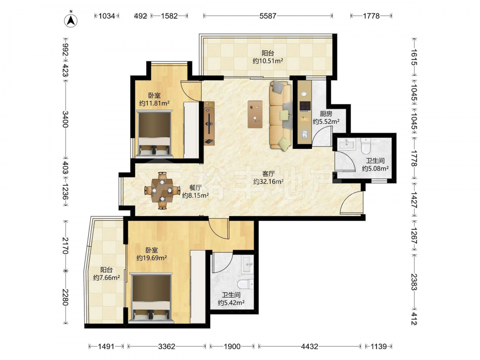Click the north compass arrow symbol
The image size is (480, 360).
pyautogui.click(x=71, y=20)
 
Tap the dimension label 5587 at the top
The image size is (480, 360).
pyautogui.click(x=268, y=16)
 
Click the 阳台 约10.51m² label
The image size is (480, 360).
pyautogui.click(x=268, y=57)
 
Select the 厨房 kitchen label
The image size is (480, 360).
pyautogui.click(x=326, y=114)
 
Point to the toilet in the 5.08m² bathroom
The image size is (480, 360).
pyautogui.click(x=366, y=146)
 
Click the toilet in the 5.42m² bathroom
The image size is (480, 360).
pyautogui.click(x=246, y=284)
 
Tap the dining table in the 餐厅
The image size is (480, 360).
pyautogui.click(x=162, y=191)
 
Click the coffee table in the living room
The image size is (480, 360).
pyautogui.click(x=255, y=114)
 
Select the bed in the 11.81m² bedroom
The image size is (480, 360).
pyautogui.click(x=154, y=134)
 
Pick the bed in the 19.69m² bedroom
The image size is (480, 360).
pyautogui.click(x=151, y=298)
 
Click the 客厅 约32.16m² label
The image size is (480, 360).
pyautogui.click(x=268, y=178)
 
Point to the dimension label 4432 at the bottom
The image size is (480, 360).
pyautogui.click(x=310, y=347)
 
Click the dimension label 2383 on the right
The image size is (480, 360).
pyautogui.click(x=414, y=282)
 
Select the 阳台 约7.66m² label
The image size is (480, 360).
pyautogui.click(x=106, y=274)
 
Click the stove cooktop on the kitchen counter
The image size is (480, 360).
pyautogui.click(x=305, y=106)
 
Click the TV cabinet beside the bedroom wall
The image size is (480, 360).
pyautogui.click(x=210, y=124)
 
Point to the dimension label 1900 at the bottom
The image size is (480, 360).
pyautogui.click(x=232, y=347)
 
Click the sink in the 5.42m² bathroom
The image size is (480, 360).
pyautogui.click(x=247, y=265)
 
